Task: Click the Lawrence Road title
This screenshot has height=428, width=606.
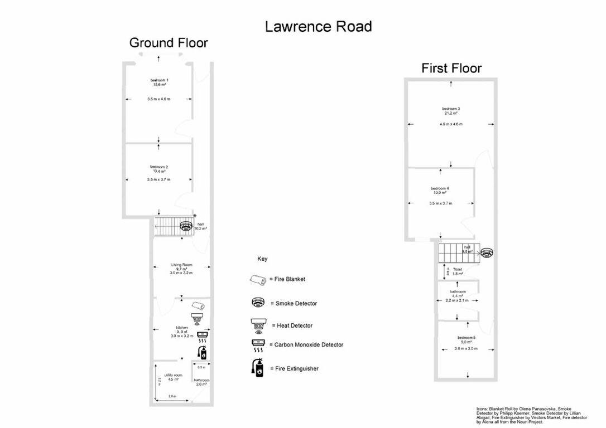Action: click(318, 26)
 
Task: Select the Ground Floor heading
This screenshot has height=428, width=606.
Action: click(169, 43)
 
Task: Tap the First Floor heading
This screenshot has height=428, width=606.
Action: click(451, 69)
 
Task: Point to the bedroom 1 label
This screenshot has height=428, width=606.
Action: click(159, 80)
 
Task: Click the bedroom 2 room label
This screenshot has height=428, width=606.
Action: click(159, 167)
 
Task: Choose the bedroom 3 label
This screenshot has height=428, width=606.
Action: click(451, 108)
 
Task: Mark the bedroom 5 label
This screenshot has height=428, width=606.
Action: click(466, 338)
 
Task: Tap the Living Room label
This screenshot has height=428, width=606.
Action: click(181, 264)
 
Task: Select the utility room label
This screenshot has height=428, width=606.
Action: click(173, 375)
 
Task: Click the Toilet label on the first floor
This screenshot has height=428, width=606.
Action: click(458, 269)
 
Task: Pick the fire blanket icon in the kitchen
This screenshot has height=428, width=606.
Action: click(198, 305)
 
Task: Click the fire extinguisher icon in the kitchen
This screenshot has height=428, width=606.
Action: click(202, 352)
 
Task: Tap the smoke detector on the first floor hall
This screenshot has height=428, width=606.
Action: click(487, 254)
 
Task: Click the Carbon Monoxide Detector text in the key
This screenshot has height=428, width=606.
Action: click(309, 345)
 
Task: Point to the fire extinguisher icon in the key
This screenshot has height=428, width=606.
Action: click(258, 368)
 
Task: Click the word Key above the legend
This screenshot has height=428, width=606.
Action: click(262, 259)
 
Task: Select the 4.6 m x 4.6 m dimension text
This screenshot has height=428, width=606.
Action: click(451, 124)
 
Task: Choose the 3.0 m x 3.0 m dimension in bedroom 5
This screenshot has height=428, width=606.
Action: click(466, 349)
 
